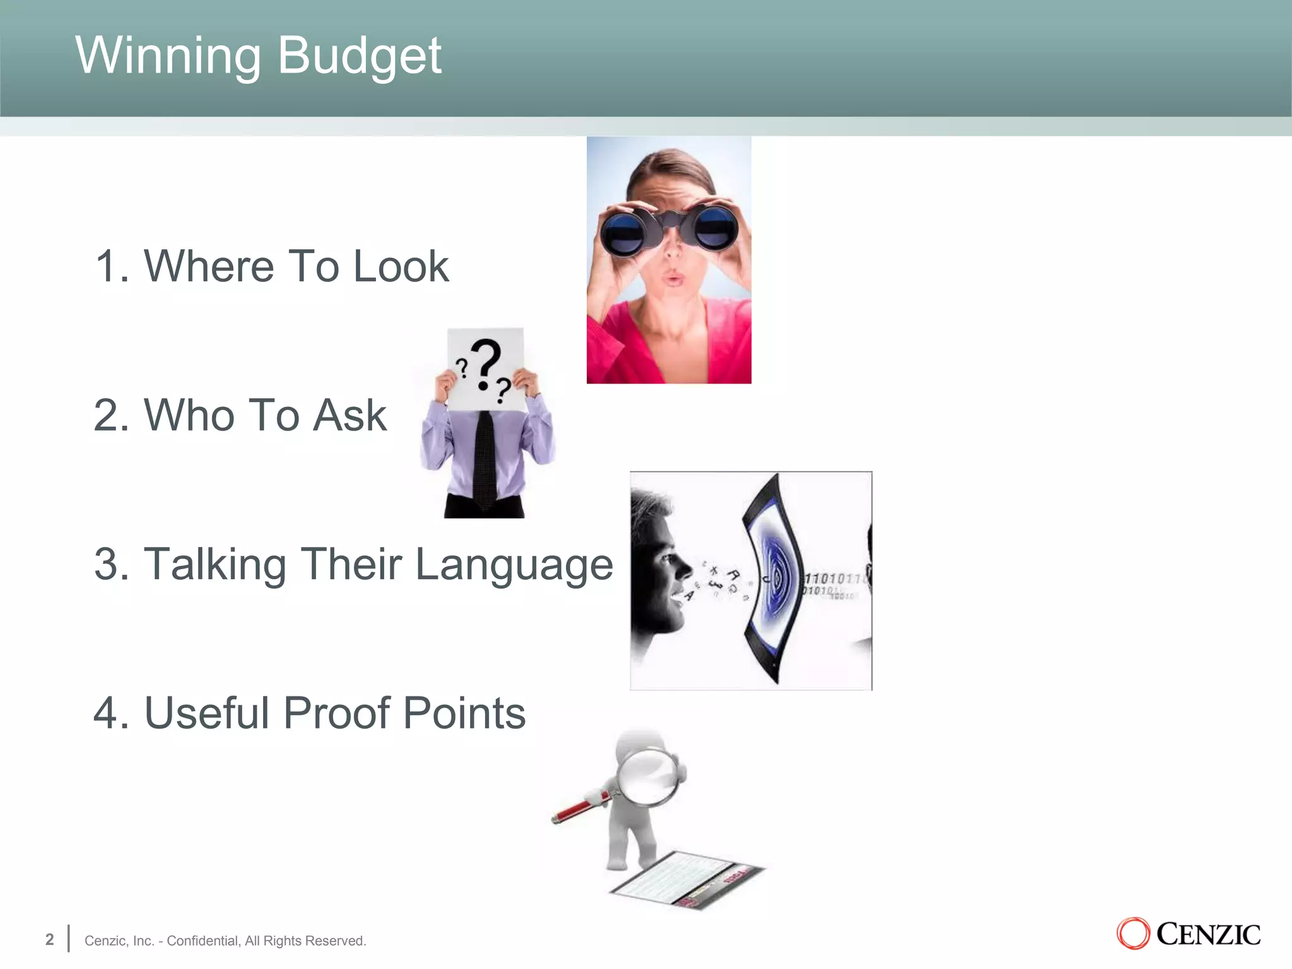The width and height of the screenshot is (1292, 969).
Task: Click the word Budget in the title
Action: [359, 56]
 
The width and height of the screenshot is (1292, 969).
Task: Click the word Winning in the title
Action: [168, 56]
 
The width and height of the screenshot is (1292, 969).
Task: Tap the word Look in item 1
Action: [401, 266]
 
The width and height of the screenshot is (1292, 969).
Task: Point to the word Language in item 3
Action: [514, 565]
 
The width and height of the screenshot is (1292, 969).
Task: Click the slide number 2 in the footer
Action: [50, 939]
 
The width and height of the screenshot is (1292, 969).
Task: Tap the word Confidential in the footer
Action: [202, 941]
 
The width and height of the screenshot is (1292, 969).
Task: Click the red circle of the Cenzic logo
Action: [1133, 934]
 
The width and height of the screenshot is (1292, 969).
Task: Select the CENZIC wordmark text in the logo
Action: [1208, 934]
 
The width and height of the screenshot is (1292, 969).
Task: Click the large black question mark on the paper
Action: [486, 363]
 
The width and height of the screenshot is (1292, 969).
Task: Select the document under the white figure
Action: [688, 880]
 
